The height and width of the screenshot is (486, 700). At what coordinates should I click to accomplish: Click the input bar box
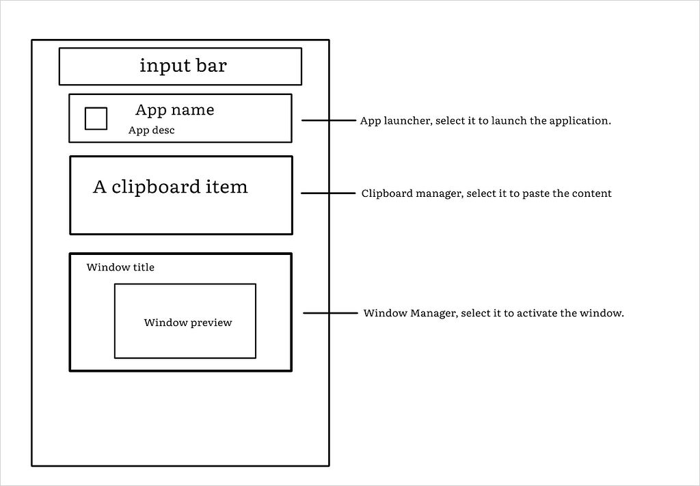pyautogui.click(x=180, y=66)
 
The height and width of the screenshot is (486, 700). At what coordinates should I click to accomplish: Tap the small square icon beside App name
pyautogui.click(x=96, y=118)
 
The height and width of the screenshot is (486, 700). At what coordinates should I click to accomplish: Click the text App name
pyautogui.click(x=174, y=110)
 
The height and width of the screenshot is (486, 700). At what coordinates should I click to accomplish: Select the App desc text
pyautogui.click(x=151, y=130)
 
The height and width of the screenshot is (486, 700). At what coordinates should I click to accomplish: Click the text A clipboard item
pyautogui.click(x=170, y=187)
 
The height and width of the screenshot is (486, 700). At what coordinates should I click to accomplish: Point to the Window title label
pyautogui.click(x=120, y=267)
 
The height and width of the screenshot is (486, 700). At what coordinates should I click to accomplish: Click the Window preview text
pyautogui.click(x=188, y=323)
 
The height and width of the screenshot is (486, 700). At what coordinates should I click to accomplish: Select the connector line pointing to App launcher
pyautogui.click(x=329, y=120)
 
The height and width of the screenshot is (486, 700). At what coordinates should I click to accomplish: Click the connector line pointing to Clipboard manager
pyautogui.click(x=329, y=193)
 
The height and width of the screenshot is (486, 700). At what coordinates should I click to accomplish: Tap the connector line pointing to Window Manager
pyautogui.click(x=330, y=313)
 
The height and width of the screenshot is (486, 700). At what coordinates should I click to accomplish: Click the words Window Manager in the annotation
pyautogui.click(x=409, y=314)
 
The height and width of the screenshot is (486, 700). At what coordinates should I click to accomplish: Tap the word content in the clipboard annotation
pyautogui.click(x=591, y=193)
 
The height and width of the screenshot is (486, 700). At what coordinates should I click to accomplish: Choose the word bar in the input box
pyautogui.click(x=212, y=66)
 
